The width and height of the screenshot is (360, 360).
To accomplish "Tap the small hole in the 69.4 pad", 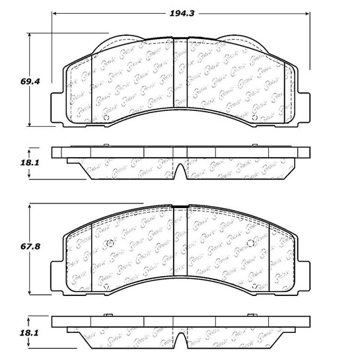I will pos(108,119).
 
